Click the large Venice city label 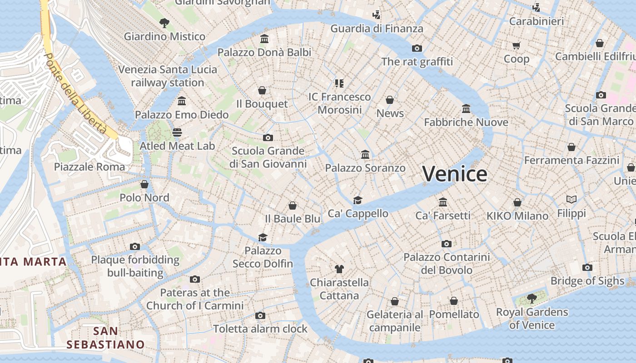[455, 174]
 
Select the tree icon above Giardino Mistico [164, 22]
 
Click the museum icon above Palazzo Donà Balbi [264, 39]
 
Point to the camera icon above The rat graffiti [417, 48]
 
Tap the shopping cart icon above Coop [517, 45]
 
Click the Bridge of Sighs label [587, 281]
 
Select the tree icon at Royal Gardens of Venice [532, 299]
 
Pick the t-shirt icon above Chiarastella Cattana [339, 269]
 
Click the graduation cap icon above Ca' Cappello [358, 200]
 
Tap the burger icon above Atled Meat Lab [177, 132]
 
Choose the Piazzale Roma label [89, 167]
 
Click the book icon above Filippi [571, 199]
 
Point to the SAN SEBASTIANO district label [105, 338]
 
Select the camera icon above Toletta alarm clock [260, 315]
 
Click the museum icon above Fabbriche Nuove [466, 109]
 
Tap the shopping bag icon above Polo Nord [144, 184]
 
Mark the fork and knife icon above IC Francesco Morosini [339, 83]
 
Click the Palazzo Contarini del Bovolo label [447, 264]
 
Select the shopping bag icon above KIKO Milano [517, 202]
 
